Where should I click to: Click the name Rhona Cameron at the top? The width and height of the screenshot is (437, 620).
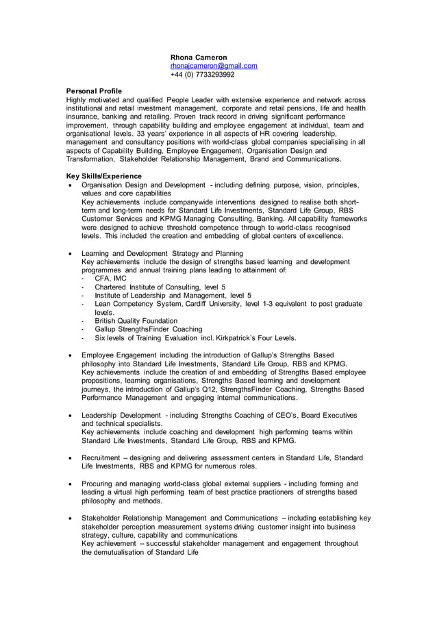(x=199, y=57)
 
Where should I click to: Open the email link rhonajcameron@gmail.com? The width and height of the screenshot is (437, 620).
(x=214, y=66)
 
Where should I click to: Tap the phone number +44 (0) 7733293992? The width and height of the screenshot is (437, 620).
(x=202, y=75)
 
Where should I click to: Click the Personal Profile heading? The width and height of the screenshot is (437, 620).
(x=94, y=91)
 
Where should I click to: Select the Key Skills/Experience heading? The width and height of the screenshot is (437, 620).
(x=103, y=176)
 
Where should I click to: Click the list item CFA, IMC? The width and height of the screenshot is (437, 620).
(x=110, y=278)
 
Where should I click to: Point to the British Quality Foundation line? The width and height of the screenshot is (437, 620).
(x=136, y=320)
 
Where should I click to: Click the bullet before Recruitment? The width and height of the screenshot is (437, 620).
(x=70, y=457)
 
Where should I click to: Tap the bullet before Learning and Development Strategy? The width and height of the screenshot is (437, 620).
(x=70, y=254)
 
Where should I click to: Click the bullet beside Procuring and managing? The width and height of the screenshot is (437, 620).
(x=70, y=484)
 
